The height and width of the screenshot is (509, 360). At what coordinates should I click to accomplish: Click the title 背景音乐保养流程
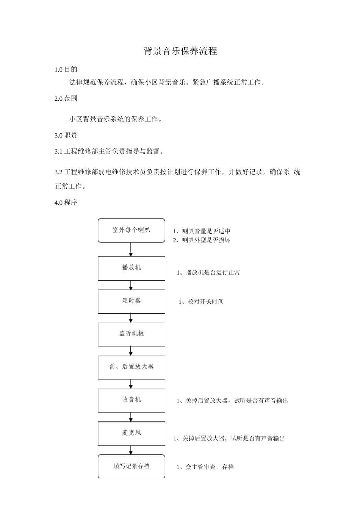coord(180,51)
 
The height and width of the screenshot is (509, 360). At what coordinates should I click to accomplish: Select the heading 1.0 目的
coord(66,69)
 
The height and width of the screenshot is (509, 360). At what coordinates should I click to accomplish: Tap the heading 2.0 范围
coord(66,98)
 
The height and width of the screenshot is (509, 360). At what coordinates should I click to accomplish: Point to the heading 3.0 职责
coord(66,136)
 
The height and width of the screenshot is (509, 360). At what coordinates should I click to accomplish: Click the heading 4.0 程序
coord(66,203)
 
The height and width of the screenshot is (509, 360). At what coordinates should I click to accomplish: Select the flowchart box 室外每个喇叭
coord(131,230)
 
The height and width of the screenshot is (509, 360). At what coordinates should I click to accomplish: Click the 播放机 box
coord(131,268)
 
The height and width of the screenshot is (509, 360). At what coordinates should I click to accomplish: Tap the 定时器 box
coord(131,301)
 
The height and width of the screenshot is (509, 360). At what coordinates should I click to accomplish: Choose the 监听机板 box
coord(131,334)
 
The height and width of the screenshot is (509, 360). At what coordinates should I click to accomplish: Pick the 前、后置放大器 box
coord(131,367)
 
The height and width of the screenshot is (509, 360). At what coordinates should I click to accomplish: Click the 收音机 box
coord(131,400)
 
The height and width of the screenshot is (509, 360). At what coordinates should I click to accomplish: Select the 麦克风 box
coord(131,433)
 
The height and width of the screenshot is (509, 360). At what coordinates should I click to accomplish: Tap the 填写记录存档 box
coord(131,466)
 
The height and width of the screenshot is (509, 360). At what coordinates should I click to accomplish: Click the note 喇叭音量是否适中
coord(202,231)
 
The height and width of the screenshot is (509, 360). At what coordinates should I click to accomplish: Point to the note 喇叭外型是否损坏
coord(202,240)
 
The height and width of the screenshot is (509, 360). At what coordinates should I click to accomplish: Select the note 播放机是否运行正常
coord(208,273)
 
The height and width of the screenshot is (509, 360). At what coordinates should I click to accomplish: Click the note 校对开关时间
coord(201,302)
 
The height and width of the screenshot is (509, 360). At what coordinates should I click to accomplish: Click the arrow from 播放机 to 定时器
coord(131,285)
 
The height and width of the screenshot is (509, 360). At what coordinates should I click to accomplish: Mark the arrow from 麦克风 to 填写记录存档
coord(131,450)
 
